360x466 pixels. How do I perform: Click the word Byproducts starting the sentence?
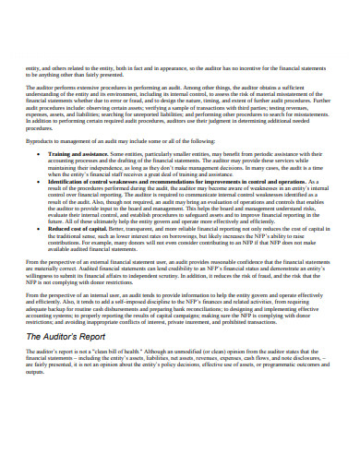tap(42, 139)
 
